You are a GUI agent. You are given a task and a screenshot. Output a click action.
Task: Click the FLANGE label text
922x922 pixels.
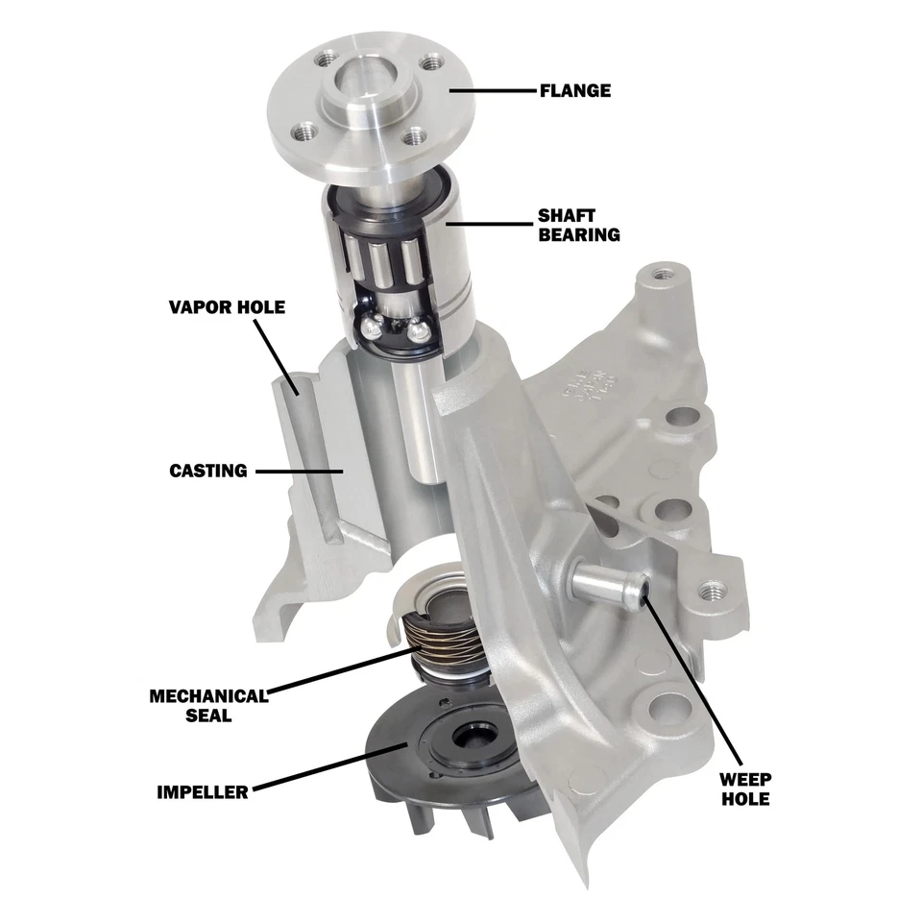click(x=573, y=91)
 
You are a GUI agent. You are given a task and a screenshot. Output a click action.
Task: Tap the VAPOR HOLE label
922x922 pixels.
click(x=227, y=307)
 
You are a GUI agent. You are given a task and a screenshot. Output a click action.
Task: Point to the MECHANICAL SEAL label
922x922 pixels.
click(x=207, y=705)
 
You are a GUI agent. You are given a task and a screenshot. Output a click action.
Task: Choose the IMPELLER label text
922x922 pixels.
click(x=203, y=792)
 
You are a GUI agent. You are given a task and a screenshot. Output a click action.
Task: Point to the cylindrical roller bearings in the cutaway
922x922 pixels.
click(x=384, y=264)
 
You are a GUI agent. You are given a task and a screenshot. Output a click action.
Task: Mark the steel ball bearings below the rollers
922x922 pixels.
click(x=394, y=328)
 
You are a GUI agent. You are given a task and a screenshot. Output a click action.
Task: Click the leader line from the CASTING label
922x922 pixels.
click(x=298, y=471)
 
